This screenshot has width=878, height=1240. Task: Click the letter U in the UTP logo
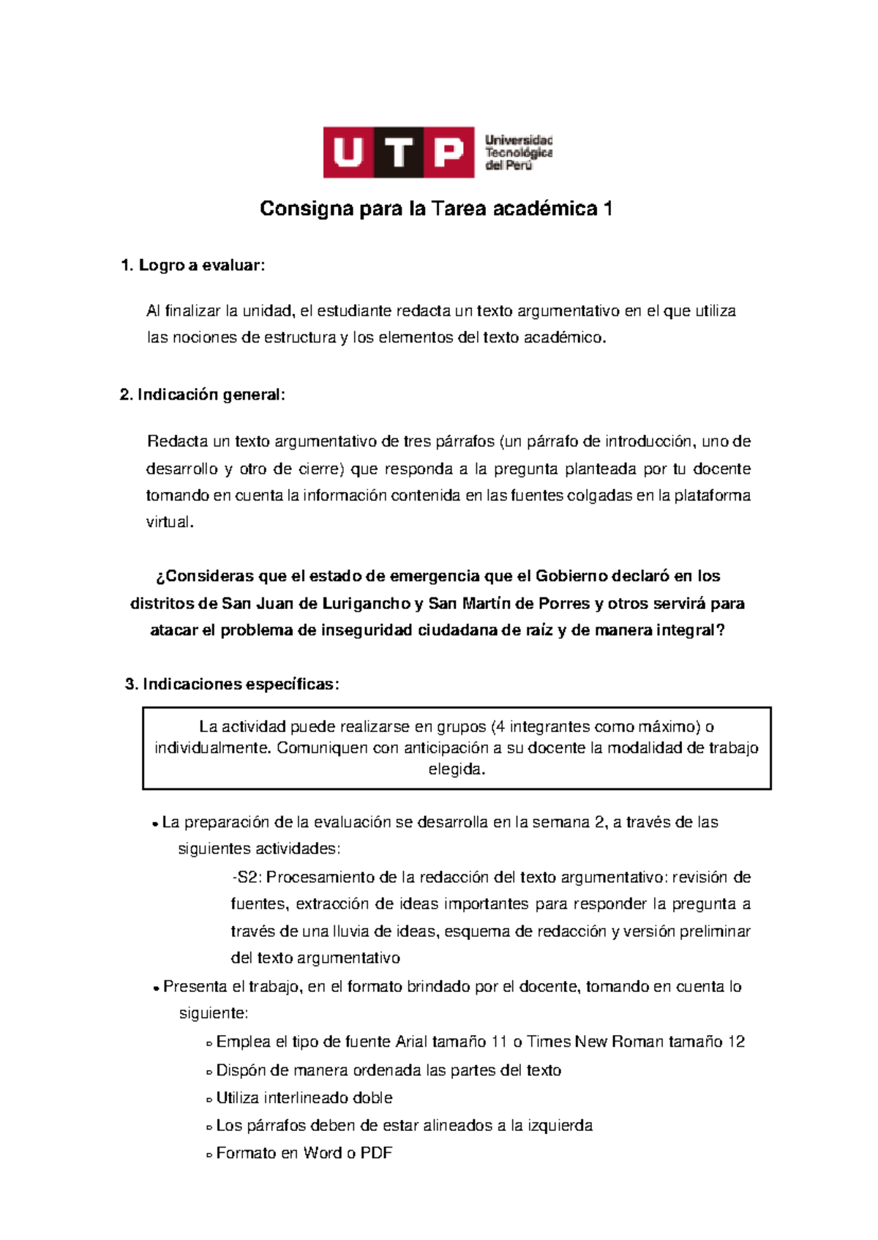(x=348, y=152)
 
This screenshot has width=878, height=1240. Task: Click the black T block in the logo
(x=399, y=152)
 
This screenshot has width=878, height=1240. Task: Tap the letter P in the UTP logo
(x=449, y=152)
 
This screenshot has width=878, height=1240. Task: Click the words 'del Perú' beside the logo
(x=509, y=166)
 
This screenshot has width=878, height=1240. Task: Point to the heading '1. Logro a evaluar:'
(x=192, y=266)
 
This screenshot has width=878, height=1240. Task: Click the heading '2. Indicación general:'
(x=202, y=395)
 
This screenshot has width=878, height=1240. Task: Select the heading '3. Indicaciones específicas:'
(x=232, y=684)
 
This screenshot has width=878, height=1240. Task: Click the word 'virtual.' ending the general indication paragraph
(x=170, y=523)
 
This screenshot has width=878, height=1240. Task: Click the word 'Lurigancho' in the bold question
(x=366, y=604)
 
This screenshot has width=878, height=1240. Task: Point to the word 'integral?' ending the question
(x=691, y=631)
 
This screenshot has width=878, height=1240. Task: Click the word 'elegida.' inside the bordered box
(x=457, y=769)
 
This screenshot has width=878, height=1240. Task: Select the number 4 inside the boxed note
(x=500, y=727)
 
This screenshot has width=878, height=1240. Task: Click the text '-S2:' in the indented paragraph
(x=247, y=878)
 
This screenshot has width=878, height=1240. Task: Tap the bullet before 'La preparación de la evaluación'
(x=155, y=824)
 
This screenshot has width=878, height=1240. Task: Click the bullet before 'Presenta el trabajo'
(x=156, y=989)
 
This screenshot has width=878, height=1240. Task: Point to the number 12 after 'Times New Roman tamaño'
(x=736, y=1042)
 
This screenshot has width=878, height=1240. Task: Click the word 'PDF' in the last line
(x=376, y=1154)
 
